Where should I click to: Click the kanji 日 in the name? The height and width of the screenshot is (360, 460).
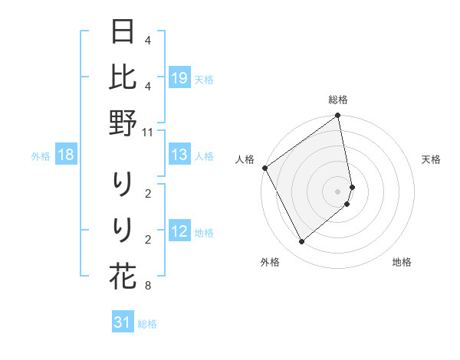point(123,33)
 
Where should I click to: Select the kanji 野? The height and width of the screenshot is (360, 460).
point(123,123)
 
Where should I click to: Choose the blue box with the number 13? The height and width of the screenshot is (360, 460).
point(179,155)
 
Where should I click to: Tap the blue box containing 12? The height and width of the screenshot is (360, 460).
point(179,232)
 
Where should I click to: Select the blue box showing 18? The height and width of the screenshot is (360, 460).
point(66,155)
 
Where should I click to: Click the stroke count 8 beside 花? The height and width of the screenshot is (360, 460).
point(147,286)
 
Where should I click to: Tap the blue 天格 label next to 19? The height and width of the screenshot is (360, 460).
point(204,79)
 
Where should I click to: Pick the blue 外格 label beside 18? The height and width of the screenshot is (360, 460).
point(41,156)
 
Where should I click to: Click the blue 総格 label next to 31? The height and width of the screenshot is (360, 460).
point(147,324)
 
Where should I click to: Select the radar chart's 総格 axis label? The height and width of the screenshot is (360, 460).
point(338,100)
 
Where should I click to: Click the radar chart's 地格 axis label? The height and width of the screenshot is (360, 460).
point(402,262)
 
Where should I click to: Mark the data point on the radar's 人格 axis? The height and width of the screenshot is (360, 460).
point(264,168)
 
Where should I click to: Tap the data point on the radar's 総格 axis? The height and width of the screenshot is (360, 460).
point(338,116)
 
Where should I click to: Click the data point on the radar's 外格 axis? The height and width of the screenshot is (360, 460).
point(302,242)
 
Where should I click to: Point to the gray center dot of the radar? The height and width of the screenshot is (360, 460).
point(338,191)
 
